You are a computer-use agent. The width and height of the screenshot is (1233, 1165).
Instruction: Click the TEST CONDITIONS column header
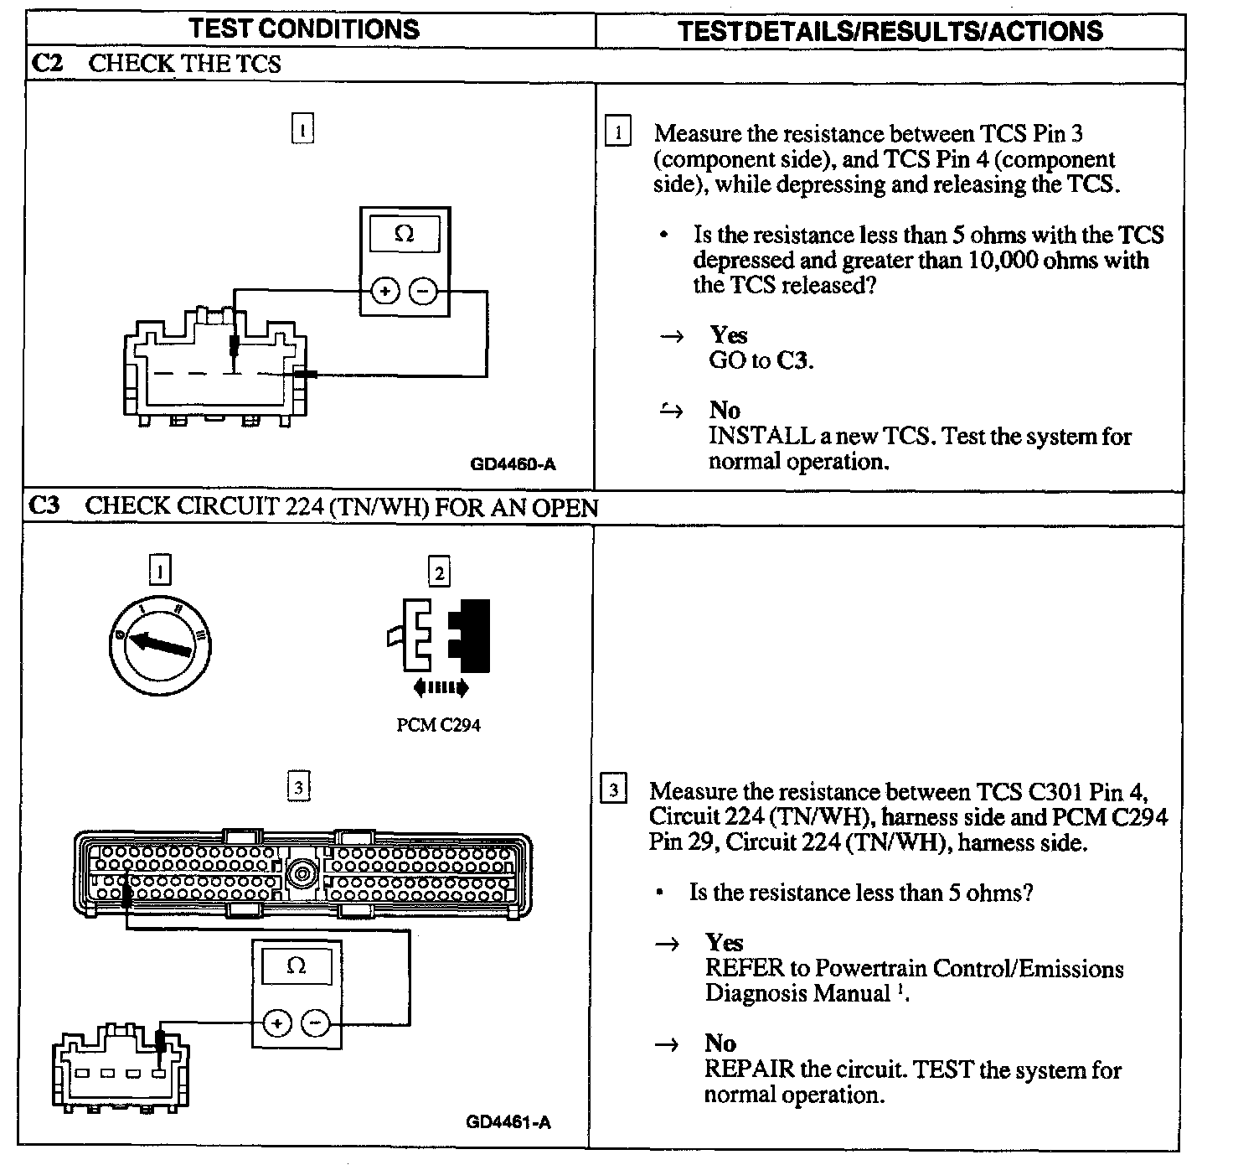click(303, 28)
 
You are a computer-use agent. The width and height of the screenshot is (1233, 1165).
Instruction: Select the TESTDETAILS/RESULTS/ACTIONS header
click(890, 31)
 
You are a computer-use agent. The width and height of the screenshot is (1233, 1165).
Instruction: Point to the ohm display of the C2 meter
click(405, 234)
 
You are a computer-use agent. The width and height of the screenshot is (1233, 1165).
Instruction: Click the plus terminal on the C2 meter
click(384, 292)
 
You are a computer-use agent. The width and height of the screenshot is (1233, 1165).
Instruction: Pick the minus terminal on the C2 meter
click(424, 292)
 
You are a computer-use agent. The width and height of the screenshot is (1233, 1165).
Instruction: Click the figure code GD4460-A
click(513, 463)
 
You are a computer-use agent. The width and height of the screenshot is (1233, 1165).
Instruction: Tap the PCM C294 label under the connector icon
click(438, 725)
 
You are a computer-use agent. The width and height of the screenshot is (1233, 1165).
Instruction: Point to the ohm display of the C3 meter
click(297, 966)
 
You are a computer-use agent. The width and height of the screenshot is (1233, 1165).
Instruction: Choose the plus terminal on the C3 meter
click(277, 1023)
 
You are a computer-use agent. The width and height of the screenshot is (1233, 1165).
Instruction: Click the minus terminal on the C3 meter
click(316, 1023)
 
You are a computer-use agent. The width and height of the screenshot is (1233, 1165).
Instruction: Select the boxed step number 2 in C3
click(439, 573)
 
